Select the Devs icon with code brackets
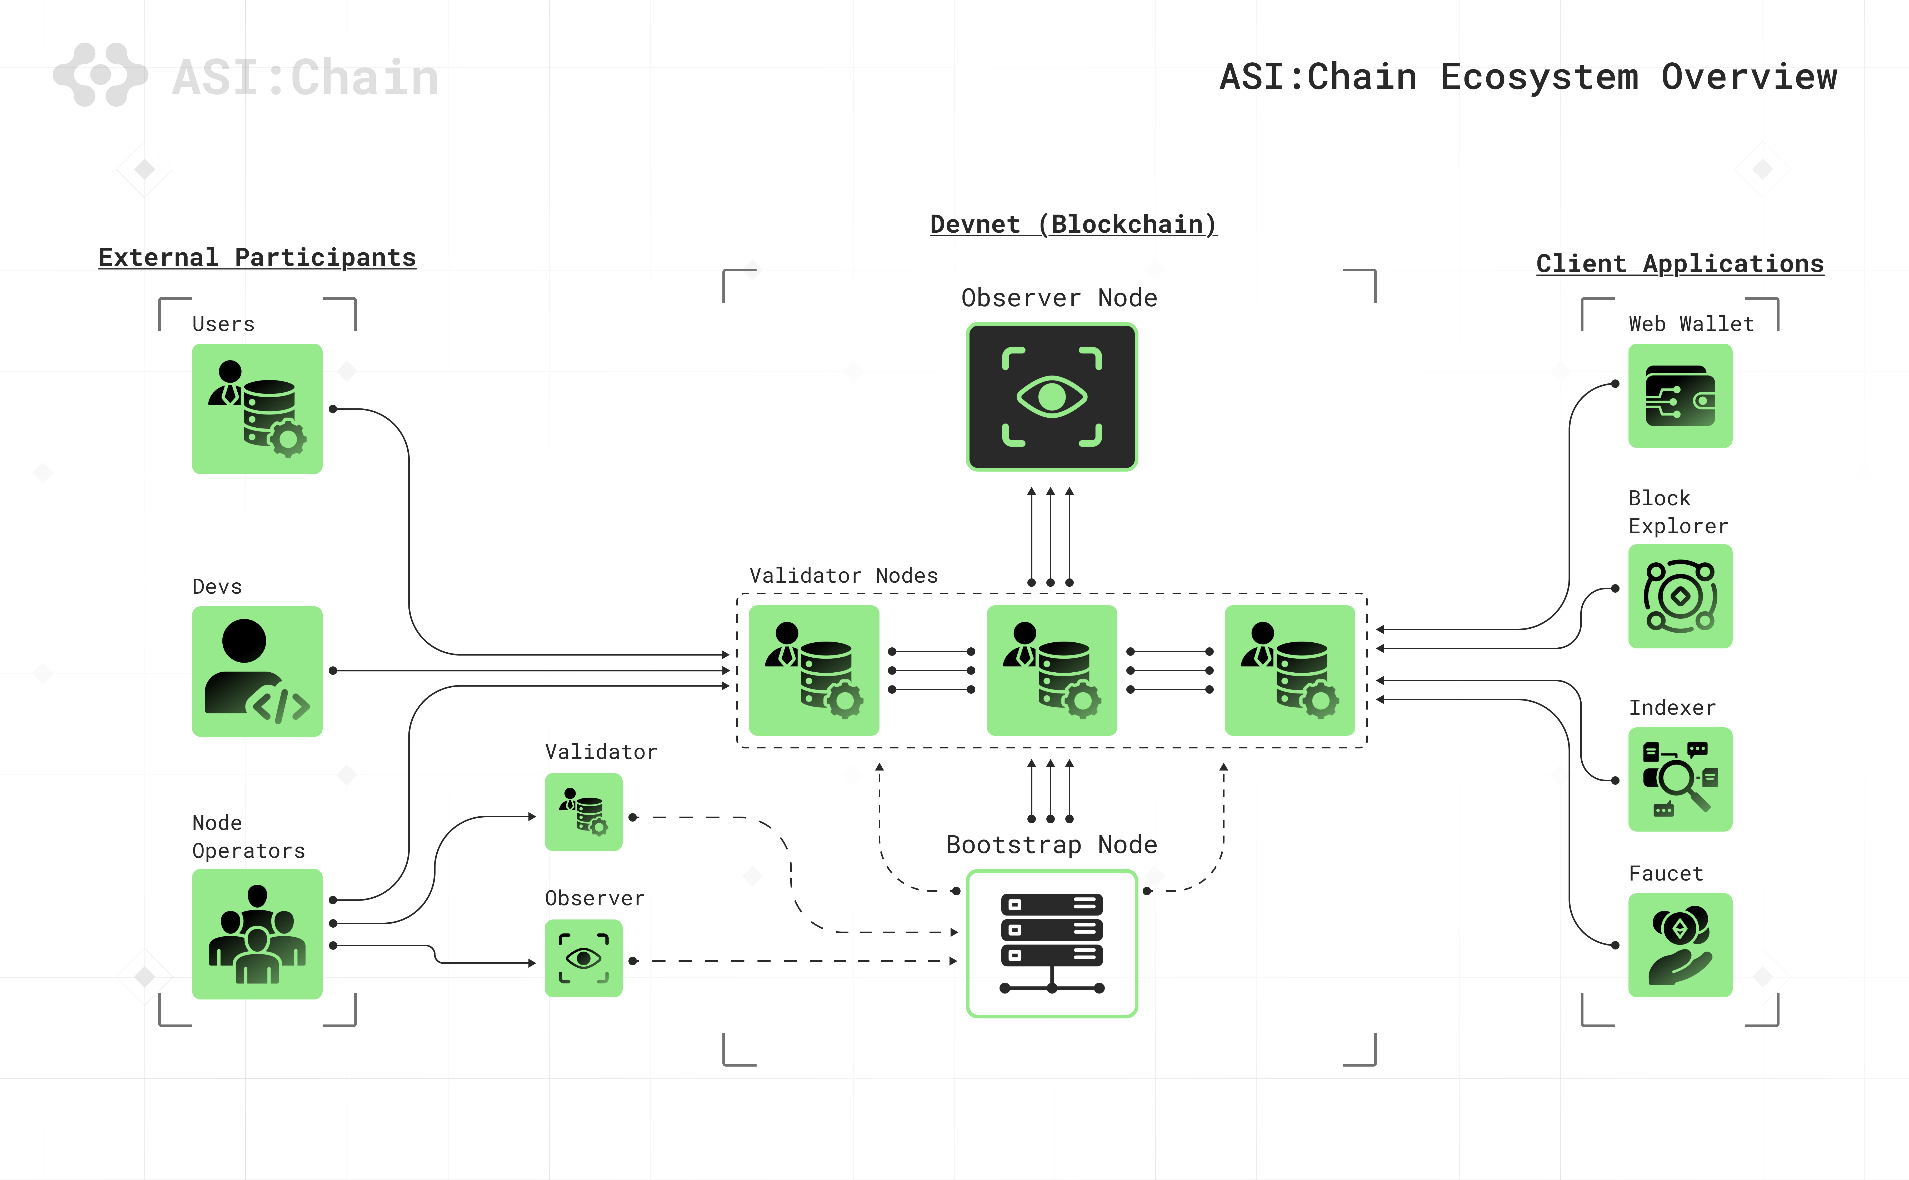257,671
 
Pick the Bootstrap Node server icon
1051,943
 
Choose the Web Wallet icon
1680,396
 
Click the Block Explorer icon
1680,596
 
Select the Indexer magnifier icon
1680,779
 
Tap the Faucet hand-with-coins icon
1680,945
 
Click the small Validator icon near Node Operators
583,812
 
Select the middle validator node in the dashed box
1051,670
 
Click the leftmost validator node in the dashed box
813,670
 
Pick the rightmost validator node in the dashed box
1289,670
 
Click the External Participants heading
257,258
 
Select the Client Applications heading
1680,264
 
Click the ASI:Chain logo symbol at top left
100,75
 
